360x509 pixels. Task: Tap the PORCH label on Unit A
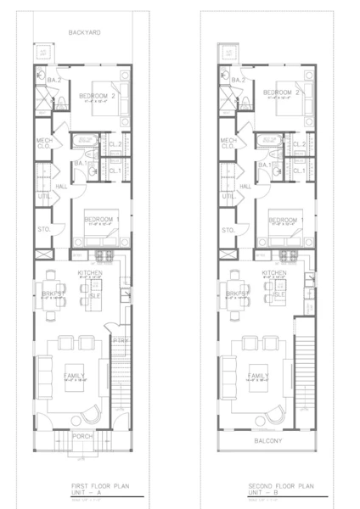82,436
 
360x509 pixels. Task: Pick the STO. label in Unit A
43,230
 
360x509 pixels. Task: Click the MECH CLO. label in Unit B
228,143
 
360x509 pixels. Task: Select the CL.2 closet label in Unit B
299,145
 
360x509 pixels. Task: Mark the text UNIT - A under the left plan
83,493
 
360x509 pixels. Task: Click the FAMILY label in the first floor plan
74,374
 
